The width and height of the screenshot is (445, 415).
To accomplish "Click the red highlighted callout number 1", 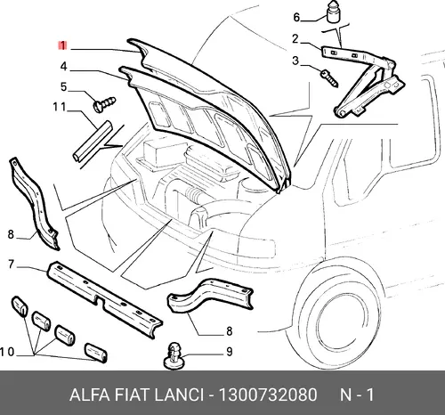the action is point(62,45).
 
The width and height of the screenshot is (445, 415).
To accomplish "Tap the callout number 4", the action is point(64,67).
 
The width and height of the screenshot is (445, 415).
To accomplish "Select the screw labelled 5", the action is point(104,104).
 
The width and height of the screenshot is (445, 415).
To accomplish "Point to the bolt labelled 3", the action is point(329,77).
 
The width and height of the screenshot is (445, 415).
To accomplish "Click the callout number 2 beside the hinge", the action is point(295,39).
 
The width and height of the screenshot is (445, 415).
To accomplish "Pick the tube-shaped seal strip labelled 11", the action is point(93,141).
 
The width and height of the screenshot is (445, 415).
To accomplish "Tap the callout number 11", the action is point(59,107).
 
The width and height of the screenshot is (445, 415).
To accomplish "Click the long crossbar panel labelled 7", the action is point(105,299).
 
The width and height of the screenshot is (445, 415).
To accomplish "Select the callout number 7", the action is point(12,264).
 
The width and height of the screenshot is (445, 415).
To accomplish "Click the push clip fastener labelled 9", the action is point(174,356).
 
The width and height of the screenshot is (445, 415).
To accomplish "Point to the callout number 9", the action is point(230,352).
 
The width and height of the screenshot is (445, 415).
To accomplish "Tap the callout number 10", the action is point(7,352).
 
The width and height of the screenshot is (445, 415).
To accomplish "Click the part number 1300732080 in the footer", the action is point(268,395).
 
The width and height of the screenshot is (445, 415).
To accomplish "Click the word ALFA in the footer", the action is point(89,395).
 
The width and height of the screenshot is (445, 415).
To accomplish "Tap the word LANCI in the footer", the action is point(180,395).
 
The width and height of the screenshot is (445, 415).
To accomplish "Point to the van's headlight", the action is point(255,246).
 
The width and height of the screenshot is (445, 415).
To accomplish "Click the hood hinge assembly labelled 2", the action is point(362,81).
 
